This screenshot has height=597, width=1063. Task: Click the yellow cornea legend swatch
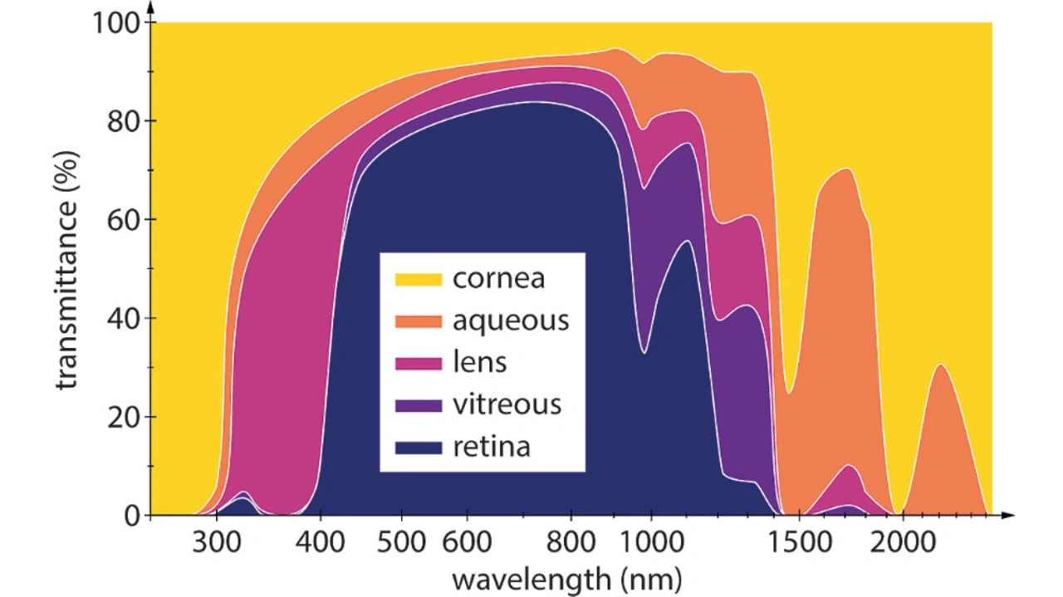[417, 277]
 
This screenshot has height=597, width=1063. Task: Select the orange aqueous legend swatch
[417, 320]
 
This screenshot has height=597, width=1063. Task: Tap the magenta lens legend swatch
[417, 362]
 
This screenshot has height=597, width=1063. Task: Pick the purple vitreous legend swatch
[417, 404]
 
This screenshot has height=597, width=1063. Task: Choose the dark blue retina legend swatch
[417, 447]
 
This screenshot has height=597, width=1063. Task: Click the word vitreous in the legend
[507, 404]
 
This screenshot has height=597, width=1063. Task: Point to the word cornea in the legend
[498, 277]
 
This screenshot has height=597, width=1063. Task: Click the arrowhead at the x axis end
[1008, 516]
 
